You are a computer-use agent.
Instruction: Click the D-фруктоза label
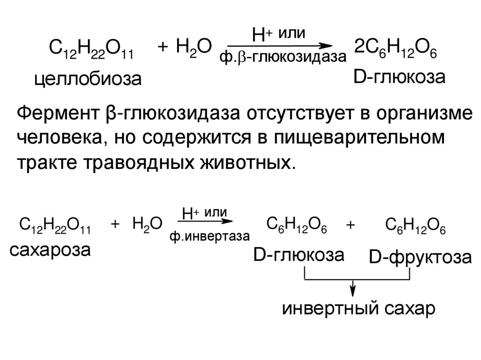click(419, 259)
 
